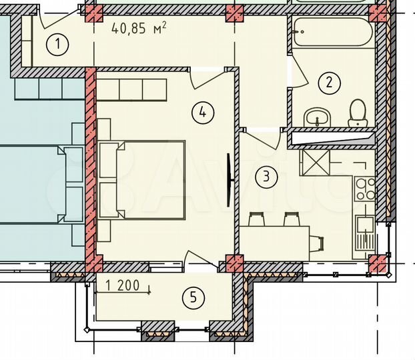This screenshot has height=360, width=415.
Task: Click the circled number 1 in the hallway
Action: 59,45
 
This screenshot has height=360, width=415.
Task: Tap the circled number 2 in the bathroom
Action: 329,83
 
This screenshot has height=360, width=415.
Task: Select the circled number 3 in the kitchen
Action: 267,177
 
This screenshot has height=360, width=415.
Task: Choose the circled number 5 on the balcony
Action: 193,297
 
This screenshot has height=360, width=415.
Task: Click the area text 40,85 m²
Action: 139,28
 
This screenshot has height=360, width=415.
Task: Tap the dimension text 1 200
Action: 123,287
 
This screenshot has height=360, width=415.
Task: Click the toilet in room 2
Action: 358,113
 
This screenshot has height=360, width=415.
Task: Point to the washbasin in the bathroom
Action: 316,117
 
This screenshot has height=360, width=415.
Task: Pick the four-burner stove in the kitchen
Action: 365,189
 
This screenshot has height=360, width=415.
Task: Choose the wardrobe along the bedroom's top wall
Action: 131,89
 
